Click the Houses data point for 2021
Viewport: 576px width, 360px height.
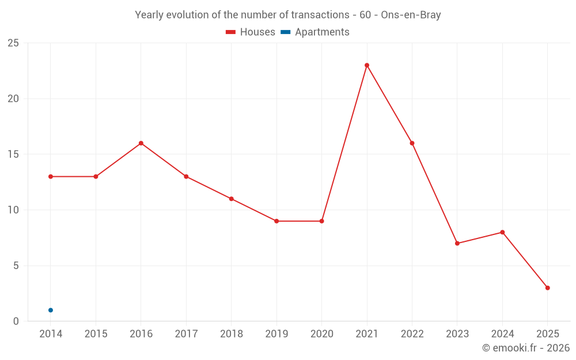pos(367,65)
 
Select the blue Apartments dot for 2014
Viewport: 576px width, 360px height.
pos(51,310)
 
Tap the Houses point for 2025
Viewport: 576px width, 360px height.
pos(547,288)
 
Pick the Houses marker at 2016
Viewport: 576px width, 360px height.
pos(141,143)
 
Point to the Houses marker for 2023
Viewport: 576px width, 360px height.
pos(457,243)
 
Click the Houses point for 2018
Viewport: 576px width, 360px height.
pos(231,199)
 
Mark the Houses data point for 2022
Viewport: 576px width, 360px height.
pos(412,143)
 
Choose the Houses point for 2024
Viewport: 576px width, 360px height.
pos(502,232)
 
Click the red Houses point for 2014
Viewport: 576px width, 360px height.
pos(51,176)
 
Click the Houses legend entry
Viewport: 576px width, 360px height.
pos(251,32)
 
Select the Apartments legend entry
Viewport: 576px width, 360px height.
pos(315,32)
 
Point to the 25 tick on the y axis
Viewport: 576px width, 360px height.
pos(13,43)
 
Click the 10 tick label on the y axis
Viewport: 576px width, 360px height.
pos(13,210)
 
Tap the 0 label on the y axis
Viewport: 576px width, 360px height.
pos(16,321)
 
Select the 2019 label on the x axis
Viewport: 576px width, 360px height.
pos(276,334)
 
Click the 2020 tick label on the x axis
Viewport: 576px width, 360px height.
pos(321,334)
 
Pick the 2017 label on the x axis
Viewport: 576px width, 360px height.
pos(186,334)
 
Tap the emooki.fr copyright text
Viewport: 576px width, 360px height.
pos(526,348)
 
